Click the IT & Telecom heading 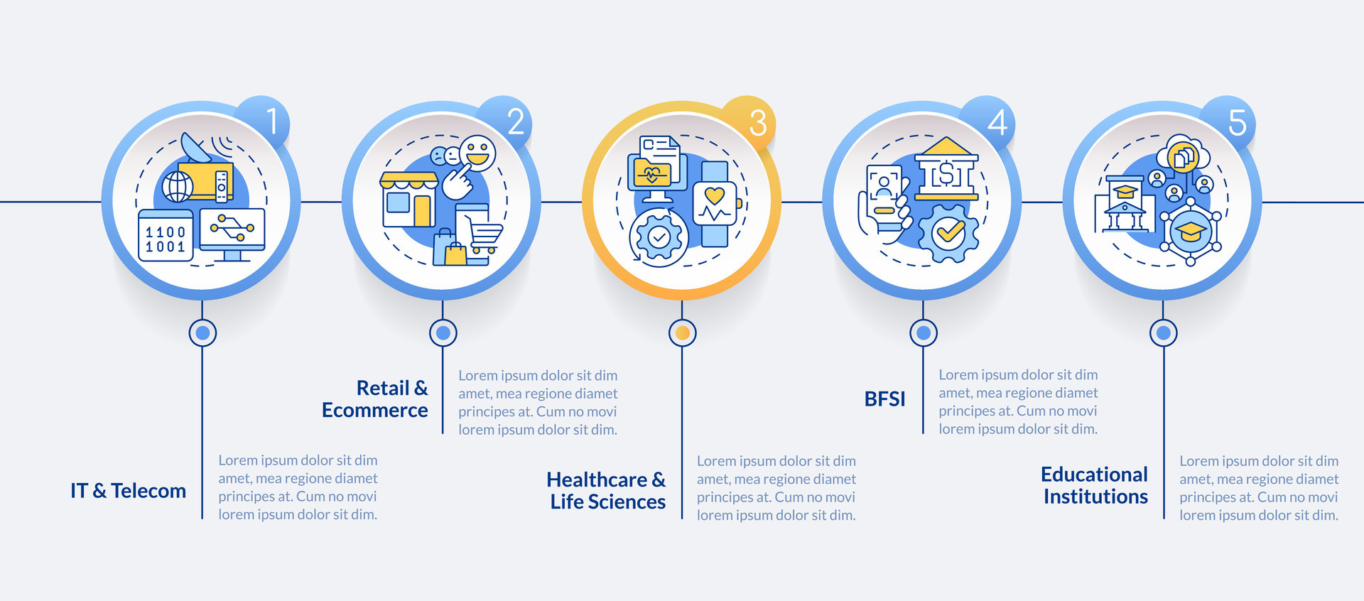coord(128,491)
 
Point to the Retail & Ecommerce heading coord(375,399)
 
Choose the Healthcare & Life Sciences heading coord(607,491)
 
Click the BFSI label coord(884,399)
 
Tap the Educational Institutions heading coord(1095,485)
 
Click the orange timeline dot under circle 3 coord(682,332)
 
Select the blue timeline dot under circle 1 coord(202,332)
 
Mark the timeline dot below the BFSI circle coord(923,332)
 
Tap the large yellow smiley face coord(477,153)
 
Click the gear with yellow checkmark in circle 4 coord(948,232)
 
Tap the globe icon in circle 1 coord(177,188)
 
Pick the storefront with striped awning coord(408,200)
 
